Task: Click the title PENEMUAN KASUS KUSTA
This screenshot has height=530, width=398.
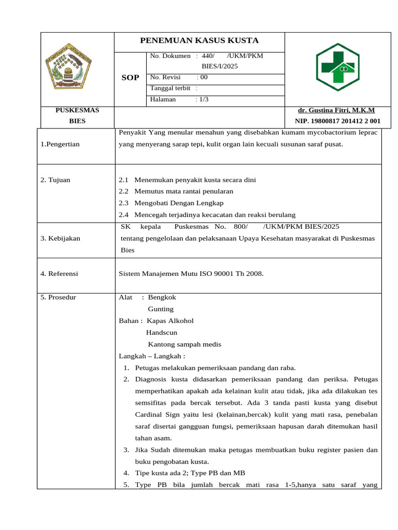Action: (200, 41)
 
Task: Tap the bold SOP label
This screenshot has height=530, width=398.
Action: (130, 78)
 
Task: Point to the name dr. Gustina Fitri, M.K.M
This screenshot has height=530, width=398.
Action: (336, 110)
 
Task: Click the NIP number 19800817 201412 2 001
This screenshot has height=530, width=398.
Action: (337, 121)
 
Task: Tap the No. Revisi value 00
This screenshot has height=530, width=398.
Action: (203, 77)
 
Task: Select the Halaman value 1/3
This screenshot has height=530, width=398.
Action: (202, 99)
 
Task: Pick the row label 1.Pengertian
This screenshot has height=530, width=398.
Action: (60, 144)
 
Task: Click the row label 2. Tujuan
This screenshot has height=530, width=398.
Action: (55, 180)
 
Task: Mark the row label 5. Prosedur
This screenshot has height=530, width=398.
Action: (58, 297)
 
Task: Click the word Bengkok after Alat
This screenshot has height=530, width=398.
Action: (162, 297)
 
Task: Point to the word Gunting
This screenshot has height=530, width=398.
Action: (161, 309)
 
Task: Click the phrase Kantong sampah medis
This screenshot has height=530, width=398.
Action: (184, 344)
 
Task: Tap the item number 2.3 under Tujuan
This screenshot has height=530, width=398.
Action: (123, 203)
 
